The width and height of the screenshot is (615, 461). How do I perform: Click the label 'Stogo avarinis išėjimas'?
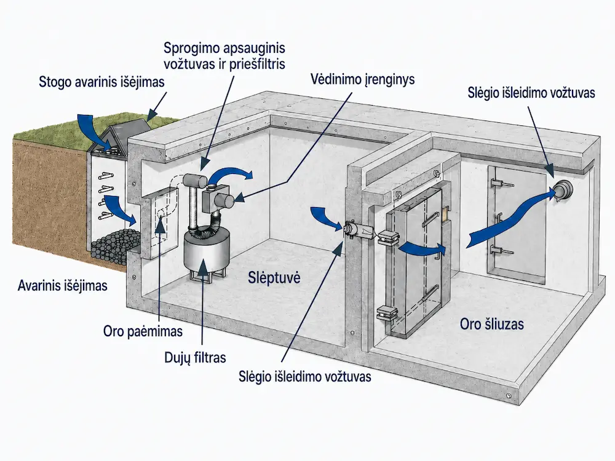coord(101,82)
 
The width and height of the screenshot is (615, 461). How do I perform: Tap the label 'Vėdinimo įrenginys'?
coord(362,79)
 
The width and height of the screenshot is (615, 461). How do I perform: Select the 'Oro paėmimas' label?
coord(143,331)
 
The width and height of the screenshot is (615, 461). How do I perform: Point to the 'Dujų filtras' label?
coord(196,358)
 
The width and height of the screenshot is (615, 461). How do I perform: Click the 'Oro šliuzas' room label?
coord(492,324)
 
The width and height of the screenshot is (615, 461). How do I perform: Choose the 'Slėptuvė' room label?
coord(274,278)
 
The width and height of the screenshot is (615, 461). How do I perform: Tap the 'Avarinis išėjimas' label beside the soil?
coord(62,285)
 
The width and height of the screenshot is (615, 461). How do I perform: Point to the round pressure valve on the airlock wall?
coord(563,191)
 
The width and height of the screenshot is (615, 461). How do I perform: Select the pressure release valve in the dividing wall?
coord(354,229)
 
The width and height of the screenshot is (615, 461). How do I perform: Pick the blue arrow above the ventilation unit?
coord(231,174)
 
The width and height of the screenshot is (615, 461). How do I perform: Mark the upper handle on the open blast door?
coord(430,219)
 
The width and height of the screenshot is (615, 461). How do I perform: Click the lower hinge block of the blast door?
coord(387,313)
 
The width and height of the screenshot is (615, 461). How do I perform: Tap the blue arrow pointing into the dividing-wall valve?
coord(326,219)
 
